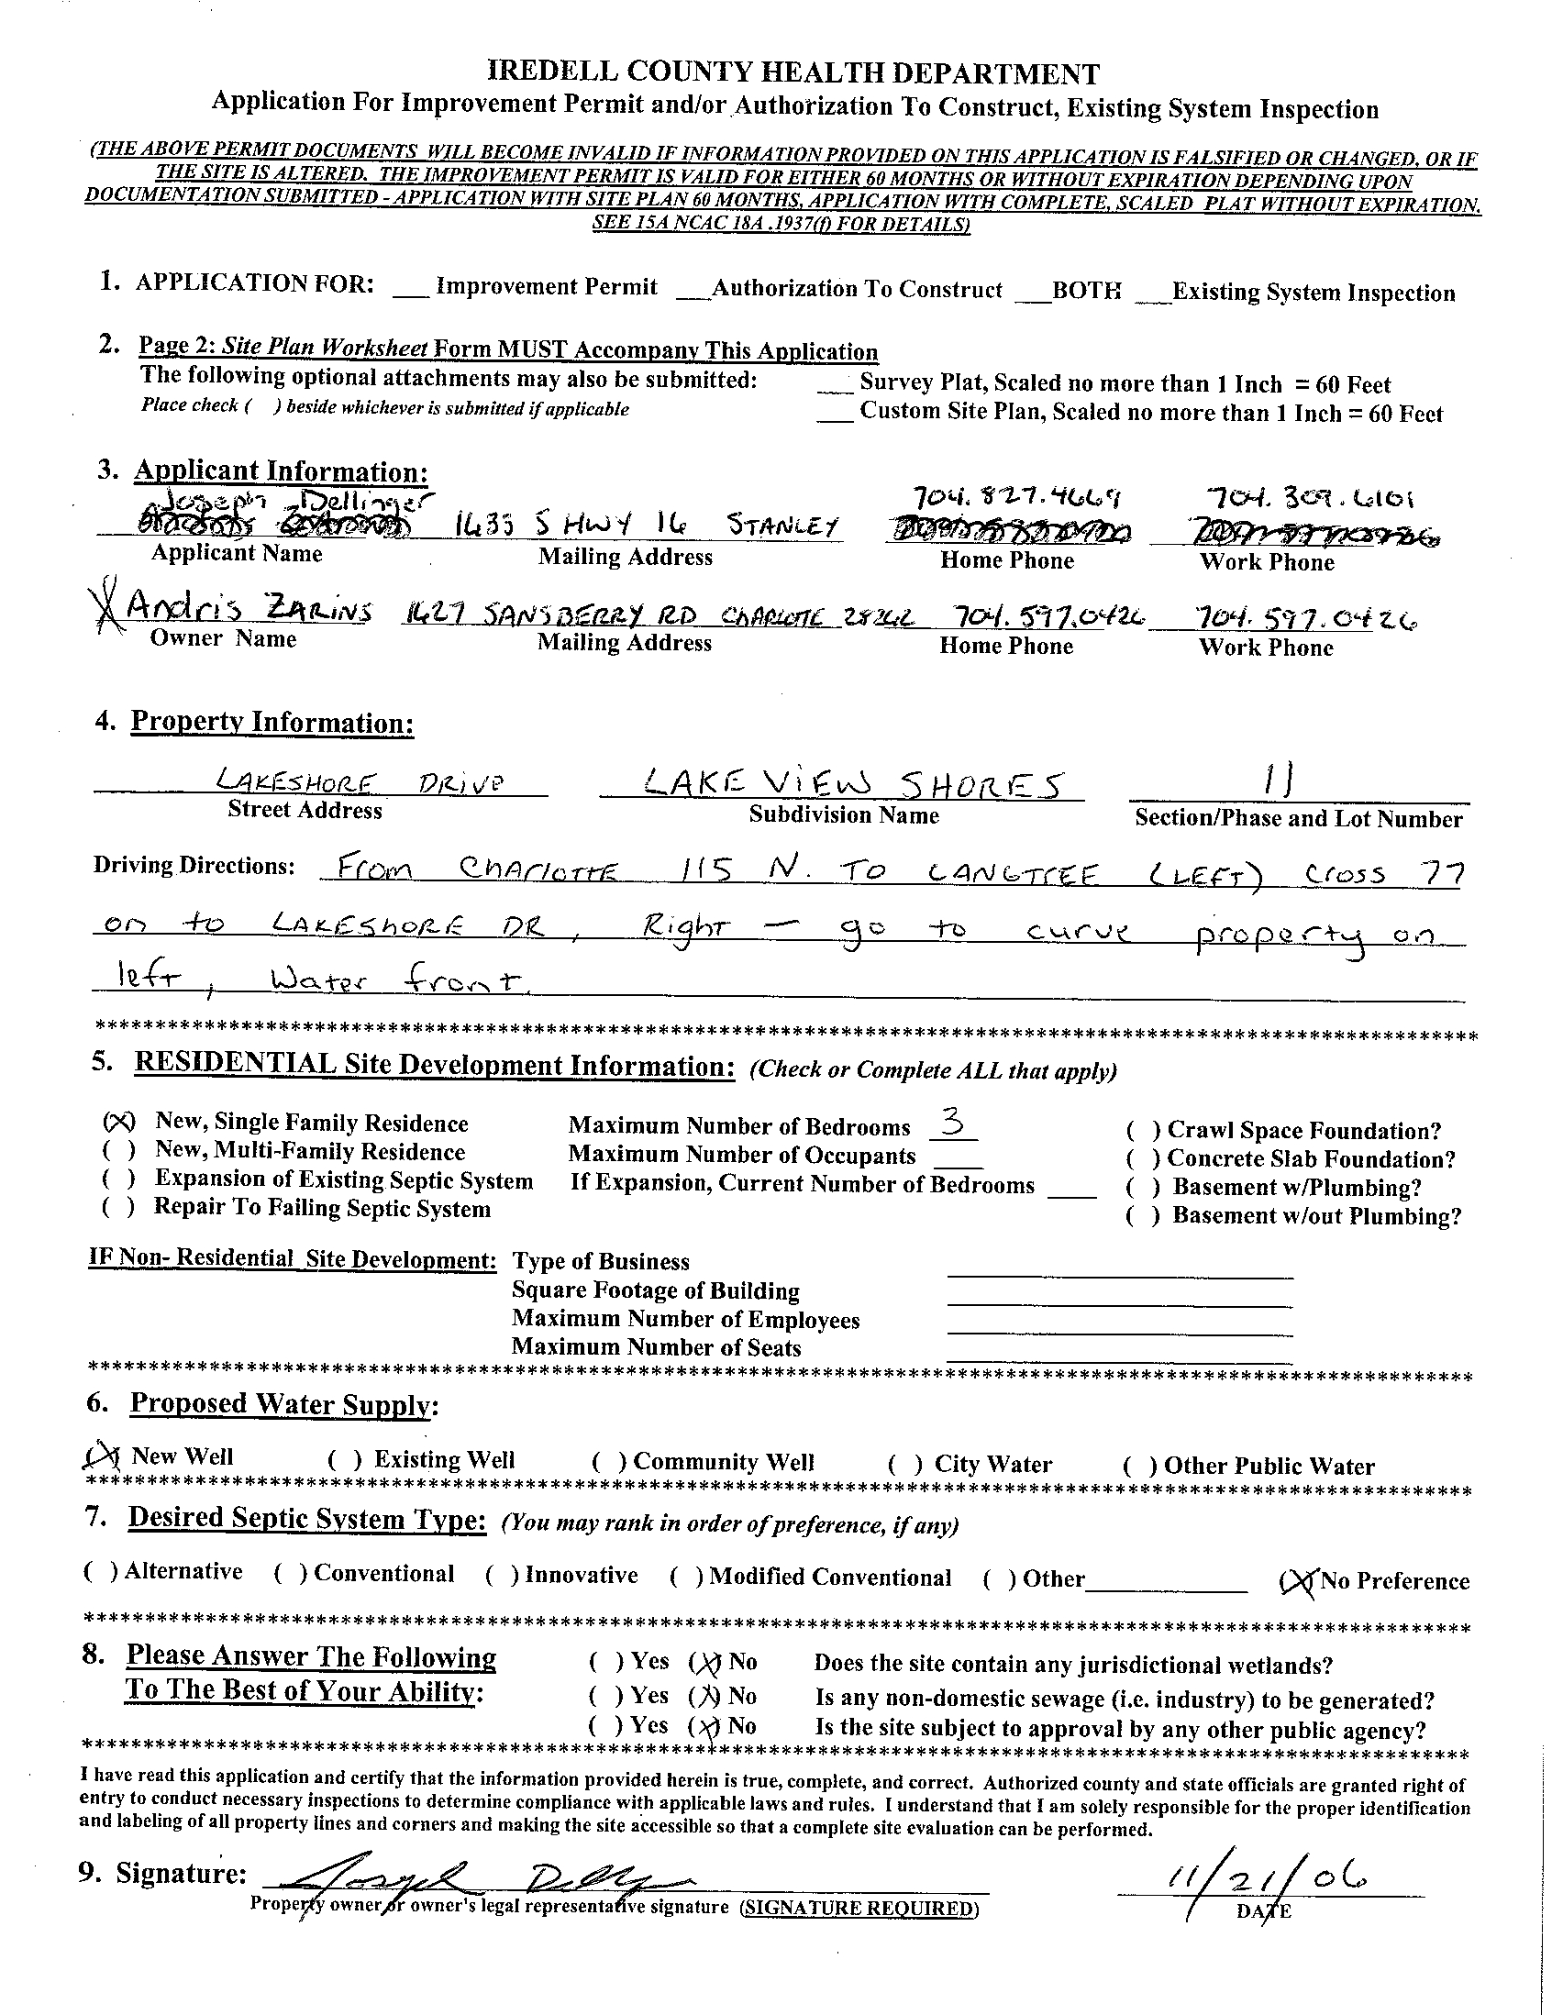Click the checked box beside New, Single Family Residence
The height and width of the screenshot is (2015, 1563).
coord(119,1122)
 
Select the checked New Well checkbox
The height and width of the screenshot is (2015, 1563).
coord(104,1456)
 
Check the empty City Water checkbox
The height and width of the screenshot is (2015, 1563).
coord(905,1464)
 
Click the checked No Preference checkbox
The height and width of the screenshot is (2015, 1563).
coord(1298,1582)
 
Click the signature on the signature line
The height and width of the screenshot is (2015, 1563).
coord(480,1877)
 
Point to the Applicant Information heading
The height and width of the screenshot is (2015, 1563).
coord(281,471)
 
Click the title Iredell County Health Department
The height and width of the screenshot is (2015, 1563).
coord(793,72)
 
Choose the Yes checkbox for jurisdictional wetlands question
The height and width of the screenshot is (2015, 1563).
coord(606,1662)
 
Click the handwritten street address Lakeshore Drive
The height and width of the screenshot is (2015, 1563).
coord(360,783)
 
